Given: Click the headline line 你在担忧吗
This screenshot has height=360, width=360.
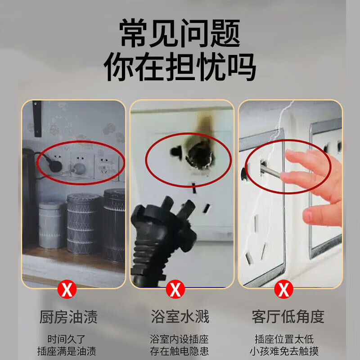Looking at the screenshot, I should tap(180, 67).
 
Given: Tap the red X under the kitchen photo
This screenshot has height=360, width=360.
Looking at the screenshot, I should tap(67, 289).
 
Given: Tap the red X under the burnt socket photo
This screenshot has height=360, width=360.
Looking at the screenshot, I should tap(175, 289).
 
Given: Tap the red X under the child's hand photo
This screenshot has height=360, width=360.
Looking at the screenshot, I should tap(284, 289).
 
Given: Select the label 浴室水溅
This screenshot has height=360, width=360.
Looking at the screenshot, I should tap(180, 316).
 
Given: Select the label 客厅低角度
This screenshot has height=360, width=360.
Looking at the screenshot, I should tap(288, 316).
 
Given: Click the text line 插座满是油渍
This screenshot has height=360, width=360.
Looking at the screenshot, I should tap(67, 351).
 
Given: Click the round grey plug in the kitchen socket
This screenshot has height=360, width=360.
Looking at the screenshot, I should tap(80, 168).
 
